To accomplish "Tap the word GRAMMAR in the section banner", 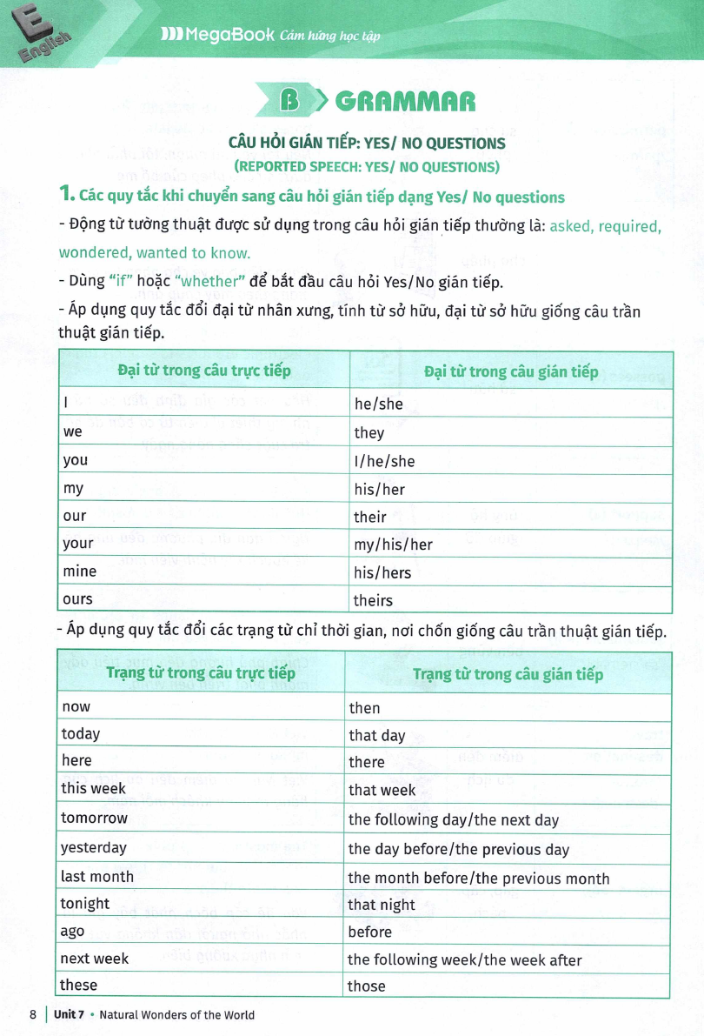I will (x=405, y=102).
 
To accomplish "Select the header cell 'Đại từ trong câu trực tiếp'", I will (x=204, y=371).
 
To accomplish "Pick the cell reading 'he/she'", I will (x=379, y=404).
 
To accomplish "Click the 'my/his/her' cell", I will (x=393, y=545).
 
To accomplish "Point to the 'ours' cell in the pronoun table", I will (x=77, y=599).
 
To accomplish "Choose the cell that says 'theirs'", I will (x=373, y=600).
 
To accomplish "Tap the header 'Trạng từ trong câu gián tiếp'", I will (x=508, y=674).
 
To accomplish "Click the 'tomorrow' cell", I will (x=94, y=819).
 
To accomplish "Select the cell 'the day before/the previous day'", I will (x=458, y=849).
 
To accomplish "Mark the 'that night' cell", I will (x=382, y=905).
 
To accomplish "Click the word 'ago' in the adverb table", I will (x=73, y=932).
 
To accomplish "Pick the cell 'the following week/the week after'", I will (x=464, y=959).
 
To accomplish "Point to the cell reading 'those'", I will (x=366, y=986).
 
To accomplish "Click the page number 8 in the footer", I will (x=33, y=1014).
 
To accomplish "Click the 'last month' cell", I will (x=96, y=877).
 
